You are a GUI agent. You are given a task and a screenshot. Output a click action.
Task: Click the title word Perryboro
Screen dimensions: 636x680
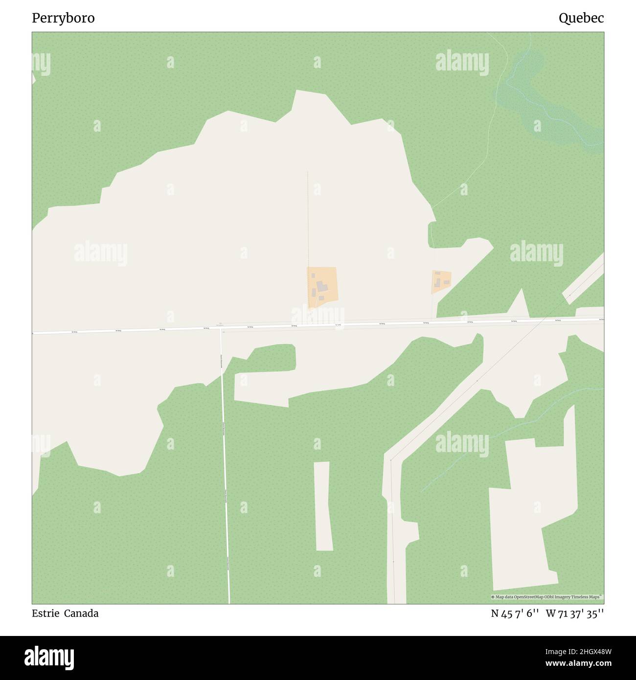(x=64, y=18)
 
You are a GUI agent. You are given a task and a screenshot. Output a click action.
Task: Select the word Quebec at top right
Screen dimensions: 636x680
(x=581, y=18)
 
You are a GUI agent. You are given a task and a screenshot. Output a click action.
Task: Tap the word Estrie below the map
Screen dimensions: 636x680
(x=45, y=613)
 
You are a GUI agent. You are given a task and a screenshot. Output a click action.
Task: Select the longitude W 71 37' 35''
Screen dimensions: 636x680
(x=575, y=613)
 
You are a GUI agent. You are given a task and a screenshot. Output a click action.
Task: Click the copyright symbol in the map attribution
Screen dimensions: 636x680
(x=493, y=597)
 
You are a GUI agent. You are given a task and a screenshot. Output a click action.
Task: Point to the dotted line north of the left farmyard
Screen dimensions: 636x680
(x=308, y=220)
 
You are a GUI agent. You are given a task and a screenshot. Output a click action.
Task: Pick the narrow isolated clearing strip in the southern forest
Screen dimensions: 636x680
(x=323, y=506)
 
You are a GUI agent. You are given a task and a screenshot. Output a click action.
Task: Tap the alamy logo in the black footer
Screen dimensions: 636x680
(x=50, y=657)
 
